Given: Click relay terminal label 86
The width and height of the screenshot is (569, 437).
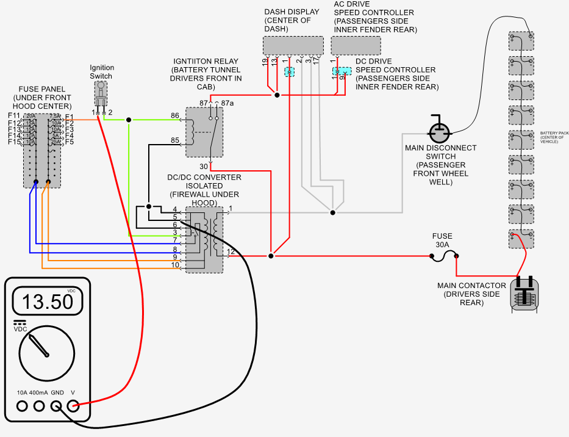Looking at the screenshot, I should click(x=175, y=115).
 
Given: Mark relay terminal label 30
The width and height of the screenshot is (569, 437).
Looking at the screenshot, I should click(x=204, y=166).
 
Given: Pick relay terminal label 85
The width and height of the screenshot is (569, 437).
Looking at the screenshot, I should click(x=175, y=140).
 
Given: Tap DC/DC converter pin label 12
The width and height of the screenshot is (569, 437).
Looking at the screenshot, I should click(x=231, y=251).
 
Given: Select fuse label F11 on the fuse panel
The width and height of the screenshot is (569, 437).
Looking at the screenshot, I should click(x=14, y=116).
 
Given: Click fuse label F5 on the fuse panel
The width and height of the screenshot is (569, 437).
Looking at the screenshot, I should click(x=70, y=142).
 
